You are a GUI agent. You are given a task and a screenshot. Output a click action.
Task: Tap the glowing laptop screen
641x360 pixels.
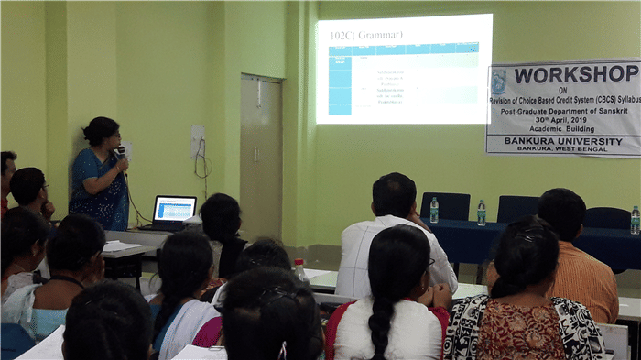(175, 209)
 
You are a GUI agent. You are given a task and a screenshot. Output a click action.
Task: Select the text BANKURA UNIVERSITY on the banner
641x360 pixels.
(564, 141)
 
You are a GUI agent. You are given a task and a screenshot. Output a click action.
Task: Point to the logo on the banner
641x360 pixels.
(499, 81)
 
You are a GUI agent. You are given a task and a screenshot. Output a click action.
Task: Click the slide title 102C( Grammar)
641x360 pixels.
(363, 36)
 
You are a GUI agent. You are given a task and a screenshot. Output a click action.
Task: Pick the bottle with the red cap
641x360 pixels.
(299, 269)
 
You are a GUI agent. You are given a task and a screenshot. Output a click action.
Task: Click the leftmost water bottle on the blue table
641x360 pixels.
(434, 210)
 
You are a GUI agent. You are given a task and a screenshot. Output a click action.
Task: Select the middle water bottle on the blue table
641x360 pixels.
(482, 213)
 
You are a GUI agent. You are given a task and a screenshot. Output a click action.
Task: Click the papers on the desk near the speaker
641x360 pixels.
(119, 246)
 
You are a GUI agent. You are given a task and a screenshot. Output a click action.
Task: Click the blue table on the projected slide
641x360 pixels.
(403, 82)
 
